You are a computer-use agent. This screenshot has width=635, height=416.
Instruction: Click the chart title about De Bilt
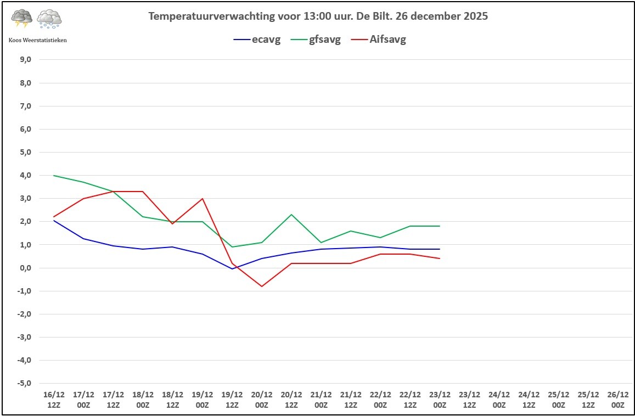click(318, 16)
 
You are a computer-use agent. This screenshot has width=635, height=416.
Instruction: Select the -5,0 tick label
click(25, 383)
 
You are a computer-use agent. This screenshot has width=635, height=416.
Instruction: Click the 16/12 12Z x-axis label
click(54, 400)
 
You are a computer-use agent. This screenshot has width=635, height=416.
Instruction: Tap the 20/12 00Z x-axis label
click(262, 400)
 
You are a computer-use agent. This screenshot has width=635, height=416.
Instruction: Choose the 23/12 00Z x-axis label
click(440, 400)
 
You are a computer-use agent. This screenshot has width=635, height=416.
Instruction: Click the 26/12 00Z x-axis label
click(617, 400)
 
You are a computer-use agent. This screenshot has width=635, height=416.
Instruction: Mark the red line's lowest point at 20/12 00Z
click(262, 286)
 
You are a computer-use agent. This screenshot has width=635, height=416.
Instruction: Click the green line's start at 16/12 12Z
click(54, 176)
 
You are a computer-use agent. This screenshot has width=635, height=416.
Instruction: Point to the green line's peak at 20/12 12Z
click(291, 215)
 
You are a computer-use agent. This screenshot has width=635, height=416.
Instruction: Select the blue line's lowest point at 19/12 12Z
click(232, 269)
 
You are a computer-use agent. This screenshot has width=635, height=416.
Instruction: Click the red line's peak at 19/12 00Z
click(203, 199)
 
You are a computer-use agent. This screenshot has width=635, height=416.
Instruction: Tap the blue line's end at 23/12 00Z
click(440, 249)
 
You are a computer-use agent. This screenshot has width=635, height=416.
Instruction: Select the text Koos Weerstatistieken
click(38, 40)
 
